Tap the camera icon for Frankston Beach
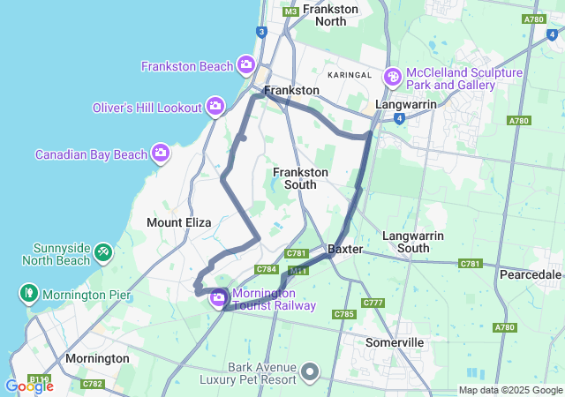[x=246, y=65]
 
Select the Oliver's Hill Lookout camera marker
[x=215, y=107]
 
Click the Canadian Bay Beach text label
[x=91, y=154]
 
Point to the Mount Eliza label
[x=178, y=223]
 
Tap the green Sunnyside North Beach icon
[x=103, y=253]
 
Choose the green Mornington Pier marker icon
[x=29, y=293]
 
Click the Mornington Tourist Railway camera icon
[x=218, y=299]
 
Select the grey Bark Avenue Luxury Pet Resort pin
[x=310, y=372]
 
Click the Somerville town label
[x=395, y=341]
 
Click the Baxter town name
[x=345, y=250]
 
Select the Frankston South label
[x=300, y=178]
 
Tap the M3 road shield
[x=290, y=11]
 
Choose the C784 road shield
[x=267, y=269]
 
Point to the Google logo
[x=29, y=386]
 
